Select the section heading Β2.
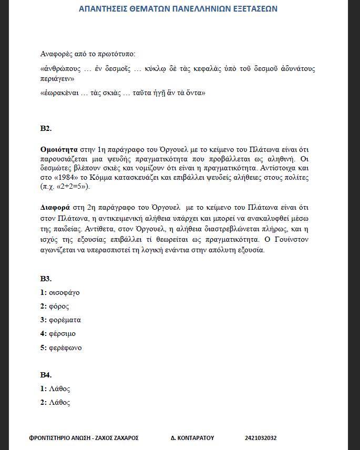[46, 128]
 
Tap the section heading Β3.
[46, 279]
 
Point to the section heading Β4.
[46, 375]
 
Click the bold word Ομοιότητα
[59, 149]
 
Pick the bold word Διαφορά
[55, 206]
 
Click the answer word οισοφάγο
[64, 292]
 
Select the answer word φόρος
[59, 306]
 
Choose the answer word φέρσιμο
[63, 333]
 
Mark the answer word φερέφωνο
[65, 347]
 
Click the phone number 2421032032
[261, 438]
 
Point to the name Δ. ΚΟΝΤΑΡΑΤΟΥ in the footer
[192, 438]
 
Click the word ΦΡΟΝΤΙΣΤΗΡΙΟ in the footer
[50, 438]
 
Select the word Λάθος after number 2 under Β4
[59, 403]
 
